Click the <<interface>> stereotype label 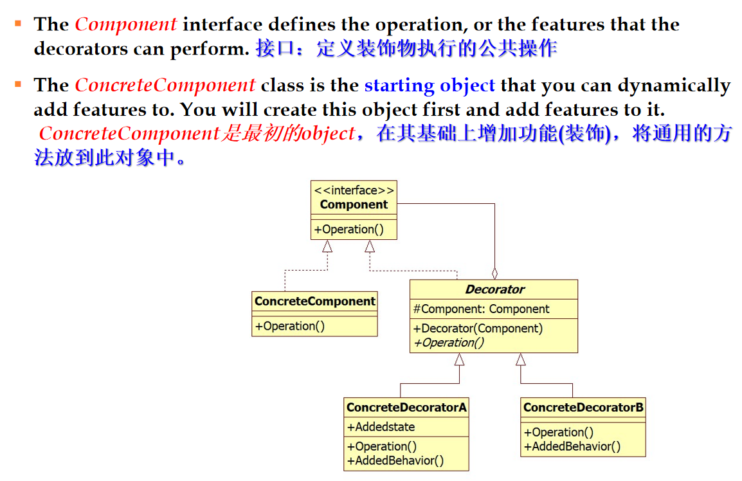354,190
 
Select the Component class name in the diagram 354,205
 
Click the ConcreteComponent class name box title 314,302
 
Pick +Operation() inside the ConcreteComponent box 290,326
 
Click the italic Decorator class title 494,289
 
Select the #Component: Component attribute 481,309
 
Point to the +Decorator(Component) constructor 478,329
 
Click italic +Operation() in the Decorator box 449,343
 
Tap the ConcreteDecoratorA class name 406,407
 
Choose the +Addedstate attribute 381,427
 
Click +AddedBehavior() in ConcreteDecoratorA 395,460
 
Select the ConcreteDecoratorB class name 583,407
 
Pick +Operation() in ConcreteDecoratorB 559,433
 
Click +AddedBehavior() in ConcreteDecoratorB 572,447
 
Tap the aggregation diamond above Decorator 494,273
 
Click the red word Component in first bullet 125,24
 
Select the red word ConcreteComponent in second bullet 165,86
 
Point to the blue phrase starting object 430,86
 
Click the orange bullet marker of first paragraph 18,24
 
